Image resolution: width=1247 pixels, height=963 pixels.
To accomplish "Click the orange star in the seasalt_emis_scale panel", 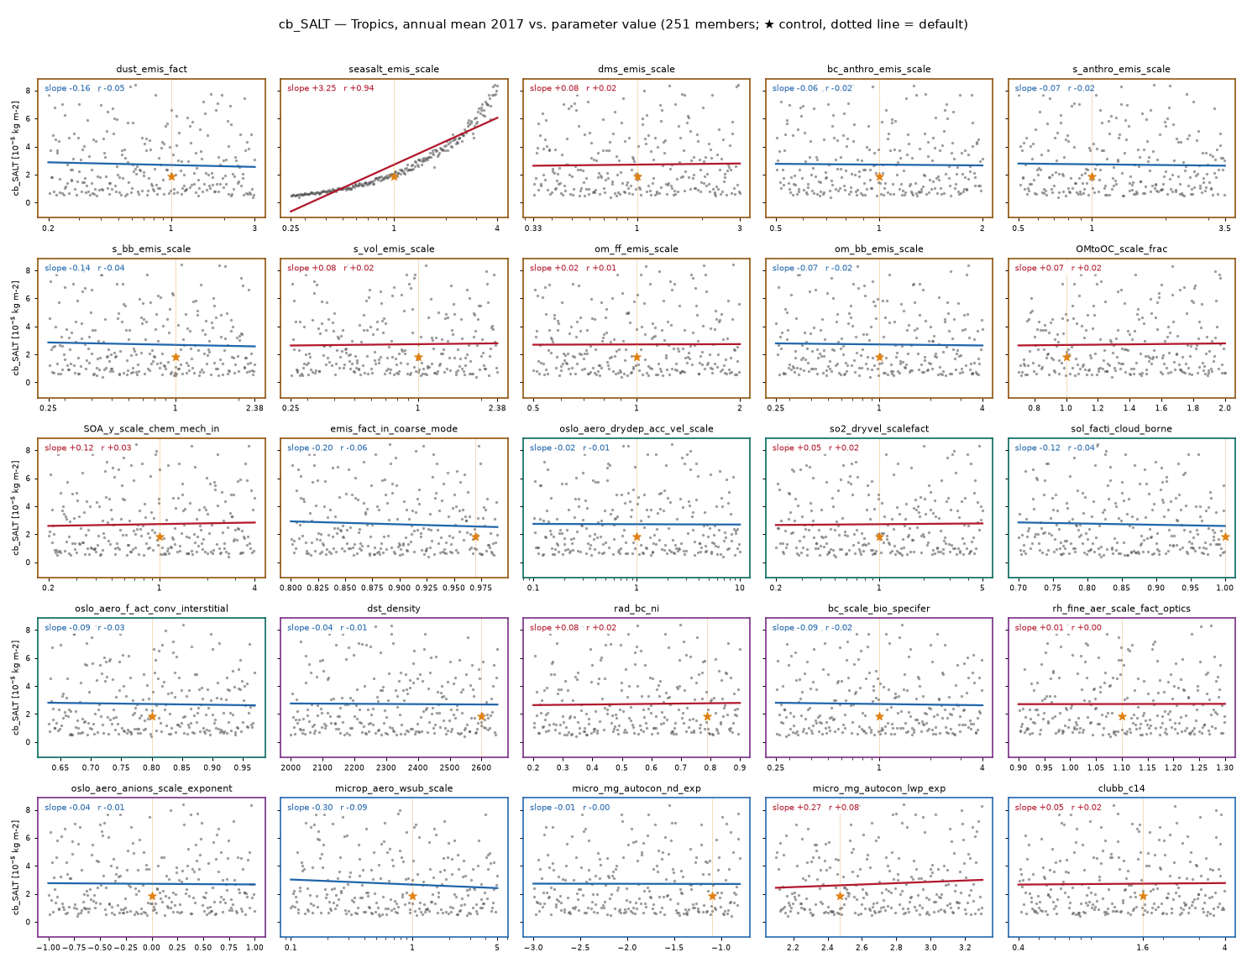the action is coord(394,176).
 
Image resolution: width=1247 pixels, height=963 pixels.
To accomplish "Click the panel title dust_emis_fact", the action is coord(151,69).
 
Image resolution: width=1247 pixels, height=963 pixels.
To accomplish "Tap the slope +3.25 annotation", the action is coord(312,88).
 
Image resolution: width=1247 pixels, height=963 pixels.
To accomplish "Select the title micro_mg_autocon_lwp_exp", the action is coord(878,788).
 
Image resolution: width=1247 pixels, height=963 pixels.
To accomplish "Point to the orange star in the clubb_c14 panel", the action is coord(1143,896).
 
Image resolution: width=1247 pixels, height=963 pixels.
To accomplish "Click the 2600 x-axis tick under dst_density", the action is coord(481,767).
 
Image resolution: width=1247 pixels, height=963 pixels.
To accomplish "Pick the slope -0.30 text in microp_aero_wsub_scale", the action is coord(310,807).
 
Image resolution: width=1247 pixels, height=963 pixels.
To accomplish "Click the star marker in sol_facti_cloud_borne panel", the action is coord(1224,536).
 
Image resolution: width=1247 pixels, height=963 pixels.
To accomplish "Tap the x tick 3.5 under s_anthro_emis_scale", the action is coord(1224,228).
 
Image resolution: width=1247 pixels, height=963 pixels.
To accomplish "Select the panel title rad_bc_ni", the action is coord(636,608).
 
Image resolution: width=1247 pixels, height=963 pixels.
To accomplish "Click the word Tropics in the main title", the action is coord(373,24).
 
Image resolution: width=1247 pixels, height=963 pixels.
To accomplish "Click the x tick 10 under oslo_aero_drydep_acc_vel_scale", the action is coord(740,588).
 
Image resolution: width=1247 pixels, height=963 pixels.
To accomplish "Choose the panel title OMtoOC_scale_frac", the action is coord(1121,249).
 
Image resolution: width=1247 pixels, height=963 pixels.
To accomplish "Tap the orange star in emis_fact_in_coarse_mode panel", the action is coord(475,536).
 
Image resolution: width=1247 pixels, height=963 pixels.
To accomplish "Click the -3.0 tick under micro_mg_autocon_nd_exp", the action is coord(533,948).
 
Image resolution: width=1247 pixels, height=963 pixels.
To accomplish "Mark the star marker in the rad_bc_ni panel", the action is coord(707,716).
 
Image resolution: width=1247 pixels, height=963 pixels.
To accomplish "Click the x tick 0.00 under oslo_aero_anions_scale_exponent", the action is coord(151,948).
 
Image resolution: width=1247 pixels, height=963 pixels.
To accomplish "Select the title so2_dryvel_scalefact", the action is coord(878,428).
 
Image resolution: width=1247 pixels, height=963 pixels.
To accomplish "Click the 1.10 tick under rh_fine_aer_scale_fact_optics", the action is coord(1122,767).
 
